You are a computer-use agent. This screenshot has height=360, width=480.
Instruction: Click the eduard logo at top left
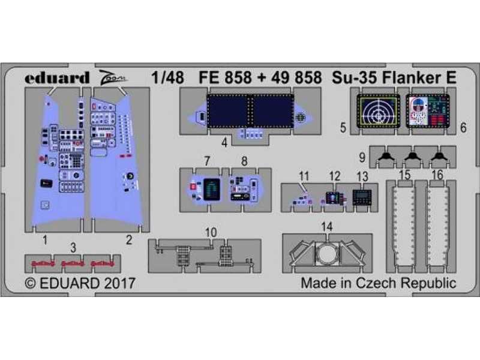pos(56,78)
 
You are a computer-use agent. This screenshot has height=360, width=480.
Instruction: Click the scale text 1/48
pos(168,77)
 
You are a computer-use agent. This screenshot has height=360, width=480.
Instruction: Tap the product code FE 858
pos(225,77)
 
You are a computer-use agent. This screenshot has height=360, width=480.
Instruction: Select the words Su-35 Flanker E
pos(394,77)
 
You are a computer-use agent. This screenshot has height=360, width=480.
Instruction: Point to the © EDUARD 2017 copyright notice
pos(80,283)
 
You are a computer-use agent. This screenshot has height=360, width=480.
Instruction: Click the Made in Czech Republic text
pos(379,283)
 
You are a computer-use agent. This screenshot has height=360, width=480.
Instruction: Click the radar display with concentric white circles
pos(379,111)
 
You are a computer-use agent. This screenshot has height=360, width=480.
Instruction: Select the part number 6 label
pos(463,128)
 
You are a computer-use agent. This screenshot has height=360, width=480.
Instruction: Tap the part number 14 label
pos(327,227)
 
